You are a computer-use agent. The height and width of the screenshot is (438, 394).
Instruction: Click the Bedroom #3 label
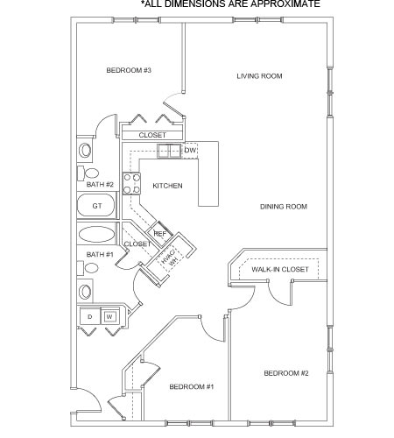click(x=129, y=70)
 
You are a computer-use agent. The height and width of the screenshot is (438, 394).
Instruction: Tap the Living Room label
click(x=259, y=76)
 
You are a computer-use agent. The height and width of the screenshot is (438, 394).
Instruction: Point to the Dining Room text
click(x=284, y=207)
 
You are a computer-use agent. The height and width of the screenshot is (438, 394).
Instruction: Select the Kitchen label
click(x=167, y=186)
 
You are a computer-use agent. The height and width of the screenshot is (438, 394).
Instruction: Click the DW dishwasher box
click(x=189, y=151)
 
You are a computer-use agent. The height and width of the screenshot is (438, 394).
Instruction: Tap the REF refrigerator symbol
click(x=159, y=234)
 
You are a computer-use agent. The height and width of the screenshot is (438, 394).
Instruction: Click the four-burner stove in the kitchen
click(x=131, y=184)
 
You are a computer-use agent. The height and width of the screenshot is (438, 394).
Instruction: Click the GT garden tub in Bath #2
click(x=96, y=206)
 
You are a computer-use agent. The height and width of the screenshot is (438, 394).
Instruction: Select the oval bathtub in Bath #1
click(x=96, y=235)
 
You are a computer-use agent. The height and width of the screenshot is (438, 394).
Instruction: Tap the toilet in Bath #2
click(x=88, y=173)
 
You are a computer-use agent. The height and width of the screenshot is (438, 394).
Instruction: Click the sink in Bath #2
click(x=85, y=150)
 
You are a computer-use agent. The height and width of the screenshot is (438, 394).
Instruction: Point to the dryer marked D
click(x=90, y=316)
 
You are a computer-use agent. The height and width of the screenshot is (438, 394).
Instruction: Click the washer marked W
click(x=109, y=316)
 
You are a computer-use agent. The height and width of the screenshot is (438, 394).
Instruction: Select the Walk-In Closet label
click(x=280, y=269)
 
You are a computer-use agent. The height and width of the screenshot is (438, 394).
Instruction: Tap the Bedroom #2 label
click(x=286, y=373)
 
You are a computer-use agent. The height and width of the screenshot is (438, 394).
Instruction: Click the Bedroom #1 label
click(x=192, y=387)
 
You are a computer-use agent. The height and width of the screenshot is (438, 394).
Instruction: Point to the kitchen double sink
click(x=169, y=151)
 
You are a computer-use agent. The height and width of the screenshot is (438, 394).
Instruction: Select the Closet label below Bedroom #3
click(x=152, y=135)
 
